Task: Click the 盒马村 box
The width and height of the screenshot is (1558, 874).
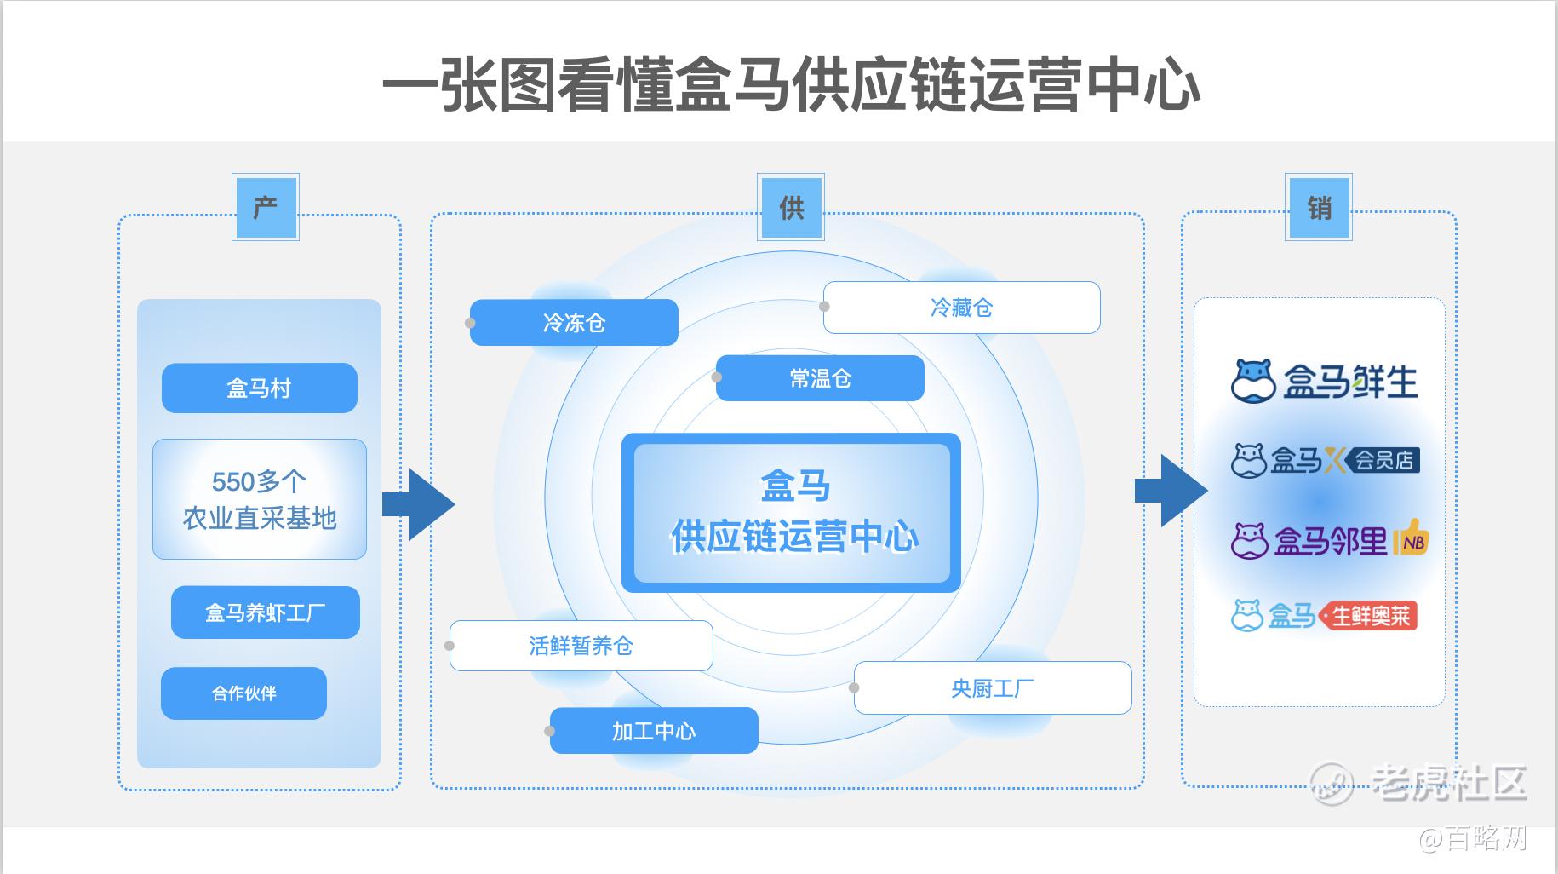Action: click(259, 388)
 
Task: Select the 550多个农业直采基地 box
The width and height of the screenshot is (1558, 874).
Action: click(259, 499)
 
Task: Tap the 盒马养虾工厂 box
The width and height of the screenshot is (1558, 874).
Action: click(265, 612)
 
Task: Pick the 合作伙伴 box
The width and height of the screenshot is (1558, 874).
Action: click(243, 693)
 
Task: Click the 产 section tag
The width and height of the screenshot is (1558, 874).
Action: click(265, 207)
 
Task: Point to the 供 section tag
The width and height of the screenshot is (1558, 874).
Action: click(791, 207)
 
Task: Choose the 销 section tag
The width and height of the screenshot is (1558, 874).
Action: click(1319, 207)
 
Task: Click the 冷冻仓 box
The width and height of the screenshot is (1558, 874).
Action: click(574, 322)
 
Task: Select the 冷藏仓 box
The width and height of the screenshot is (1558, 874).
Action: click(961, 308)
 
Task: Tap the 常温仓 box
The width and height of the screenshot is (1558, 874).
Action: click(820, 378)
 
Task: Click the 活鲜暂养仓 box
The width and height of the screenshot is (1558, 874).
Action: click(581, 646)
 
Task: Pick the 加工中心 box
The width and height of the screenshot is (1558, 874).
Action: click(654, 731)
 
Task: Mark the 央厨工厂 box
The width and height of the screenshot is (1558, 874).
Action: click(993, 687)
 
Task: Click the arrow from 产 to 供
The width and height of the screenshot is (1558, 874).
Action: click(420, 504)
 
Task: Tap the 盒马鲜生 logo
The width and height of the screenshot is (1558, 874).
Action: click(1324, 381)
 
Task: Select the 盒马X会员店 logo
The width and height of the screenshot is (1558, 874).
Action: click(1325, 461)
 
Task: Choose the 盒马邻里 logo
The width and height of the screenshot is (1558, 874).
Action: click(1329, 539)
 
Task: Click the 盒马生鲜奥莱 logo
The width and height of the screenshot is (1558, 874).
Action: click(1324, 615)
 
